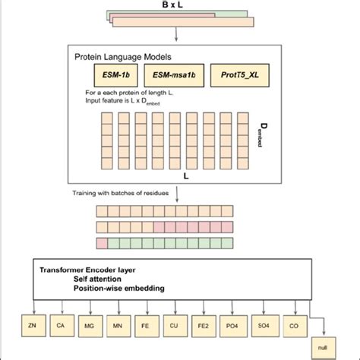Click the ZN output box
30,327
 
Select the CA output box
60,327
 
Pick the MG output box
89,327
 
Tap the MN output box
118,327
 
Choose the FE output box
147,327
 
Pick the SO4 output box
264,327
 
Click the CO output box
292,327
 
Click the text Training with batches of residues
130,194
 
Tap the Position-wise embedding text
117,289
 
